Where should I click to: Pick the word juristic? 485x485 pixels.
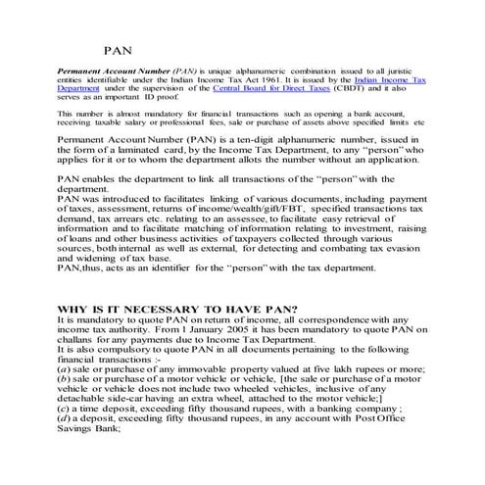point(380,72)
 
